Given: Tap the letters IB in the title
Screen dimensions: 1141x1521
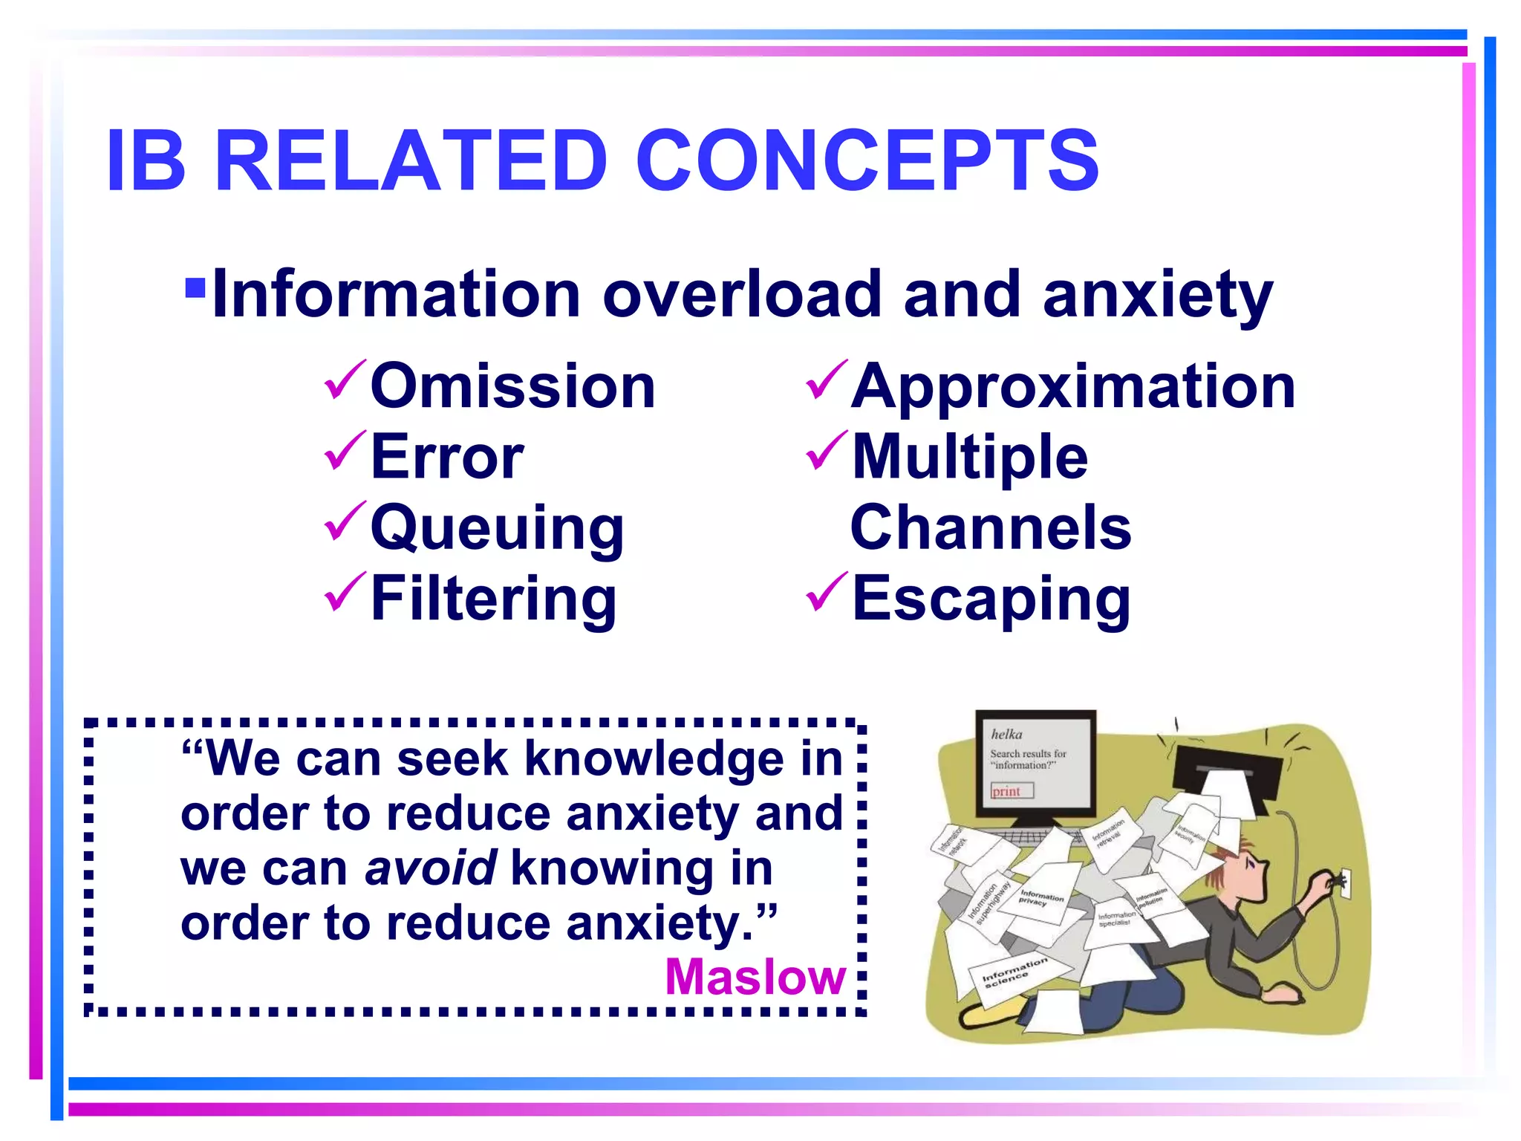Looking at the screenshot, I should click(146, 160).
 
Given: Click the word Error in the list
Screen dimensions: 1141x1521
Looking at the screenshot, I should click(447, 456).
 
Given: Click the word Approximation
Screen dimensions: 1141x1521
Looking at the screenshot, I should click(1072, 386).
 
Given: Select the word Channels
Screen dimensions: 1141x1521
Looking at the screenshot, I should click(990, 527).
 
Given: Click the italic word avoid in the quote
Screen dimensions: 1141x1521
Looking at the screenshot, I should click(431, 868).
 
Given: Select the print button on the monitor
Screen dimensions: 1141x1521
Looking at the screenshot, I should click(1012, 791).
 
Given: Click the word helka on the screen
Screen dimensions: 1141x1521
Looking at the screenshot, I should click(1006, 734).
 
